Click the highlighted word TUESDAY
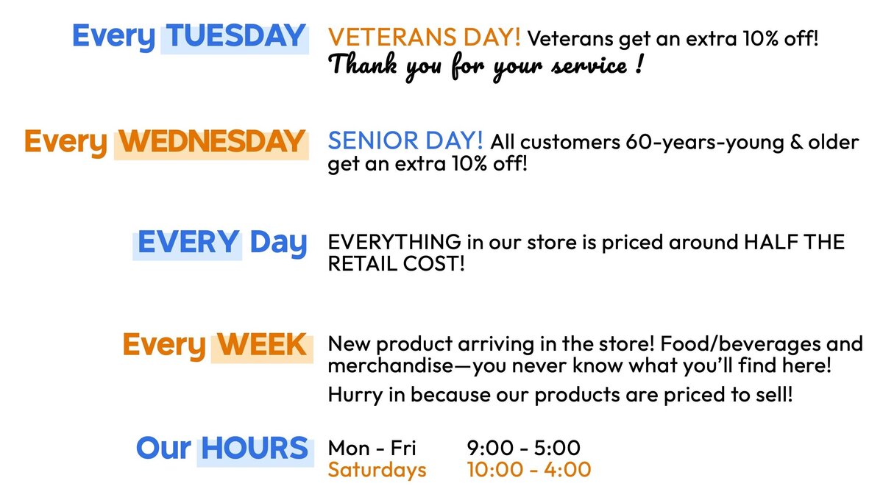tap(235, 36)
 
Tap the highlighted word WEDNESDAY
tap(212, 141)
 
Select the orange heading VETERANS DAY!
tap(424, 37)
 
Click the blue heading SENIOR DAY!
tap(405, 140)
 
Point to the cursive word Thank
tap(362, 64)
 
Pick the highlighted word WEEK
tap(262, 344)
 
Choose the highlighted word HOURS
tap(255, 448)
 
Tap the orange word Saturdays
tap(377, 470)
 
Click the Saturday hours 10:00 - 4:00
tap(529, 469)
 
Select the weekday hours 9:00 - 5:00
tap(523, 448)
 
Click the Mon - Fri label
tap(372, 448)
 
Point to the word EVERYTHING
tap(394, 242)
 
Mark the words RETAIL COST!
tap(396, 263)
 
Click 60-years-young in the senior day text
tap(705, 143)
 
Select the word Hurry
tap(355, 395)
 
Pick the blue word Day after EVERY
tap(278, 243)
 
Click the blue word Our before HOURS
tap(163, 449)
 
